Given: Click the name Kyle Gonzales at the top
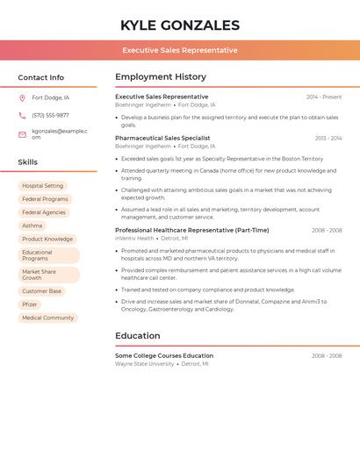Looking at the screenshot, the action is coord(179,25).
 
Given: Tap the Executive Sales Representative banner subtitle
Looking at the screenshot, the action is coord(179,50).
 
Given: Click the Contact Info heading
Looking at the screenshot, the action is coord(40,77).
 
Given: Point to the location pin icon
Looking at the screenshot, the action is coord(22,98).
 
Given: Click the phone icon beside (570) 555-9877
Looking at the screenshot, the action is coord(22,116).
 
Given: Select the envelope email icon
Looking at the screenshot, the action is coord(22,134).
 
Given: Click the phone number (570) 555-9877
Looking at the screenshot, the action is coord(50,116).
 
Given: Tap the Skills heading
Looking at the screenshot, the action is coord(27,162).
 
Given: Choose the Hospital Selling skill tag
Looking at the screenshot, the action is coord(42,186).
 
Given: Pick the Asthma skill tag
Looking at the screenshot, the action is coord(32,225).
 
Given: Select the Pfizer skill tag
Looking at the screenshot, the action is coord(30,304).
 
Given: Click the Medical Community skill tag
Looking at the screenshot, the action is coord(47,318).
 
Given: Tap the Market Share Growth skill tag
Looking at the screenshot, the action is coord(44,275).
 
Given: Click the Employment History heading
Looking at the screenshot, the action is coord(161,77).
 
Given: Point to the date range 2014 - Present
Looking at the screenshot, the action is coord(324,97).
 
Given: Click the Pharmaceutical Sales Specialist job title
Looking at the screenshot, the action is coord(162,138).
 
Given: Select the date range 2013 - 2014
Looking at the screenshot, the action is coord(328,139).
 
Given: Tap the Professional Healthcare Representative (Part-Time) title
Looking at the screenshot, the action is coord(191,230).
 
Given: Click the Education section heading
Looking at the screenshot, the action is coord(138,335).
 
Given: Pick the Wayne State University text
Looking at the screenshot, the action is coord(145,363).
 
